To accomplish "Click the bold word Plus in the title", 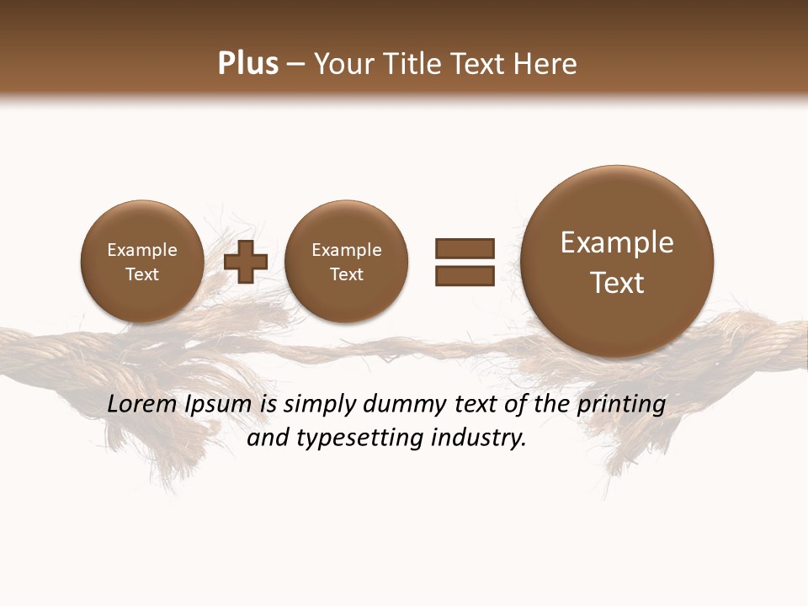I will (x=247, y=63).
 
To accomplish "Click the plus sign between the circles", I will (x=246, y=261).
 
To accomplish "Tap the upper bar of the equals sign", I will (x=465, y=248).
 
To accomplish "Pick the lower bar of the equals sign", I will (x=465, y=274).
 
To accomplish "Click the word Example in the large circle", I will (x=617, y=242).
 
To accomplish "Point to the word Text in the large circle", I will (x=617, y=283).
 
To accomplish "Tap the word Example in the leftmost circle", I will (x=141, y=250).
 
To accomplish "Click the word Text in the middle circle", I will (x=346, y=274).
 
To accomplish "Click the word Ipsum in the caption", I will (x=221, y=405).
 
